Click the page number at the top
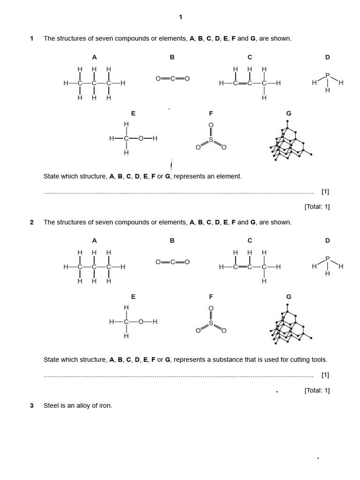180,17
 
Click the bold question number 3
32,405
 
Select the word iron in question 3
105,405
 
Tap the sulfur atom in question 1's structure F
211,140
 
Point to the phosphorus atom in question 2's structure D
328,258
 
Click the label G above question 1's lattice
289,113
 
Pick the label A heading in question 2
94,240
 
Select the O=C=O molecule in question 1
172,79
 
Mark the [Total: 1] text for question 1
317,207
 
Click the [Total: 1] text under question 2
317,390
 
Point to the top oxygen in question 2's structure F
211,308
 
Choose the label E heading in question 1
133,113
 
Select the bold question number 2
32,222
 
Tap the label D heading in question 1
328,57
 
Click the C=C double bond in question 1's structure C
242,83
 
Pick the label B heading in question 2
172,240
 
